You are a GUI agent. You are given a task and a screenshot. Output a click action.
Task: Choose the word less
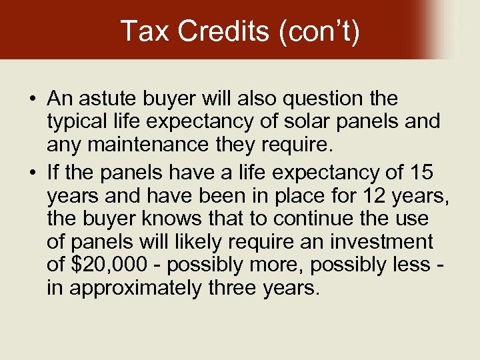(407, 265)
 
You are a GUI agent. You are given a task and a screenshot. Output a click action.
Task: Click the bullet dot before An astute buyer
(32, 99)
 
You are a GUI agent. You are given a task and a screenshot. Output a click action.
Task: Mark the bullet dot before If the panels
(32, 172)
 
